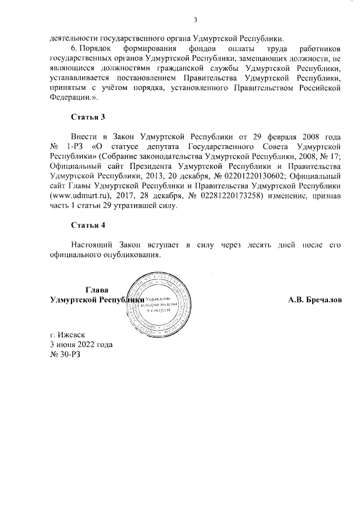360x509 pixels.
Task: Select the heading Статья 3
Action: [88, 117]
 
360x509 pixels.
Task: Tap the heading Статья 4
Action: [88, 225]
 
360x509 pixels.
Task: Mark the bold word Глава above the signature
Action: [96, 289]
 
